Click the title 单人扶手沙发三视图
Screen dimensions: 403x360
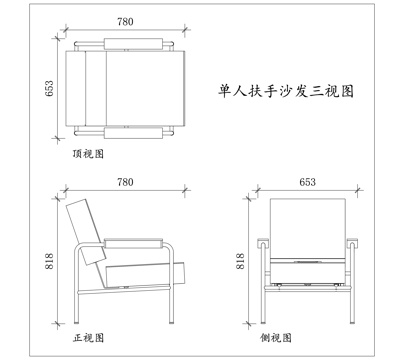286,91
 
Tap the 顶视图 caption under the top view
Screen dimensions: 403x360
88,154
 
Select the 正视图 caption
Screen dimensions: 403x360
88,338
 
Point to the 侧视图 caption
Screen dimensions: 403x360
276,338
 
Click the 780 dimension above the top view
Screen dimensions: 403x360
125,22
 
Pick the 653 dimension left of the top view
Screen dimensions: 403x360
49,88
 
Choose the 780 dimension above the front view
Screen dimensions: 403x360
125,182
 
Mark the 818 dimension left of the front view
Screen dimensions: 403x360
49,261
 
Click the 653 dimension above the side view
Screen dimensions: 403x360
307,182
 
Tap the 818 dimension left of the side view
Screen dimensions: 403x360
240,261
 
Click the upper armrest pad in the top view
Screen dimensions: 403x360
133,44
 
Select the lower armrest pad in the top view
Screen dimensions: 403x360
133,133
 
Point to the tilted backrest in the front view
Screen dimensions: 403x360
86,232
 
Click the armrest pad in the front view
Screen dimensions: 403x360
134,244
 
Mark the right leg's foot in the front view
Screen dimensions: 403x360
171,322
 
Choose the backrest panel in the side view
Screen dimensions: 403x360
308,228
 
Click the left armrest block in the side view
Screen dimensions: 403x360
263,243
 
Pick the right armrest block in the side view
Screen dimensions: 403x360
352,243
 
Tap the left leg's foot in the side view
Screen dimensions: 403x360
263,322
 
